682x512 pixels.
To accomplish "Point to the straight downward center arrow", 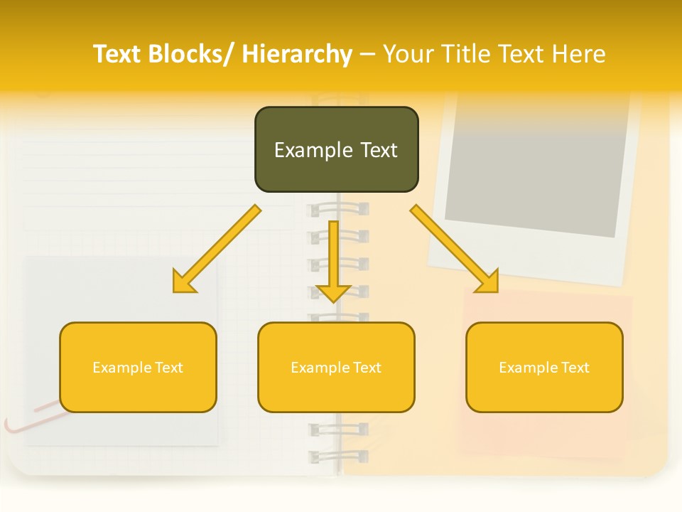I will tap(334, 256).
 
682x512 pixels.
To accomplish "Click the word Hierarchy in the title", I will tap(297, 54).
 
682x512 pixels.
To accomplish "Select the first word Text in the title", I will tap(118, 54).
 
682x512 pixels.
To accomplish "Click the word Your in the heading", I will tap(410, 54).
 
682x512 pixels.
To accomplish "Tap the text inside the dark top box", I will tap(336, 150).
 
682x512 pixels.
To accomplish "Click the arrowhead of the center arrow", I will tap(334, 292).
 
